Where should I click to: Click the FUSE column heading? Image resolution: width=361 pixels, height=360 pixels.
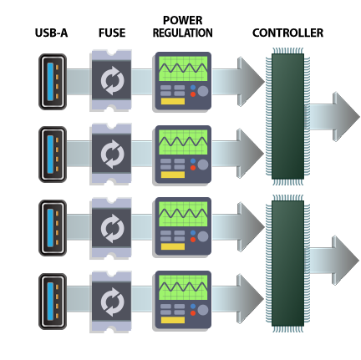coord(112,33)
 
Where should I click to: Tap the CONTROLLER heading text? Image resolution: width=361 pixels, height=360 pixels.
coord(287,33)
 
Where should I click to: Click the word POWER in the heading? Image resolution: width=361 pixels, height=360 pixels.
coord(183,20)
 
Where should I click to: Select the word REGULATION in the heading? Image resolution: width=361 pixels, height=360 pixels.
coord(183,33)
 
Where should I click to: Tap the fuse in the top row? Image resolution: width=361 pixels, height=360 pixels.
coord(110,81)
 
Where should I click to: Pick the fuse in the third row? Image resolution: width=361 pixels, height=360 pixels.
coord(110,226)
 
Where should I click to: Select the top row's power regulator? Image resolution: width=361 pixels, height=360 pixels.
coord(182,81)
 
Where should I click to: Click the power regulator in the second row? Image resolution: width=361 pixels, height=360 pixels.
coord(182,153)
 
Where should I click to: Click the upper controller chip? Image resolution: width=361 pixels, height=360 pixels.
coord(287,115)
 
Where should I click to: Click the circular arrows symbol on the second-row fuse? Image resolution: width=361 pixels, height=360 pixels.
coord(110,153)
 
